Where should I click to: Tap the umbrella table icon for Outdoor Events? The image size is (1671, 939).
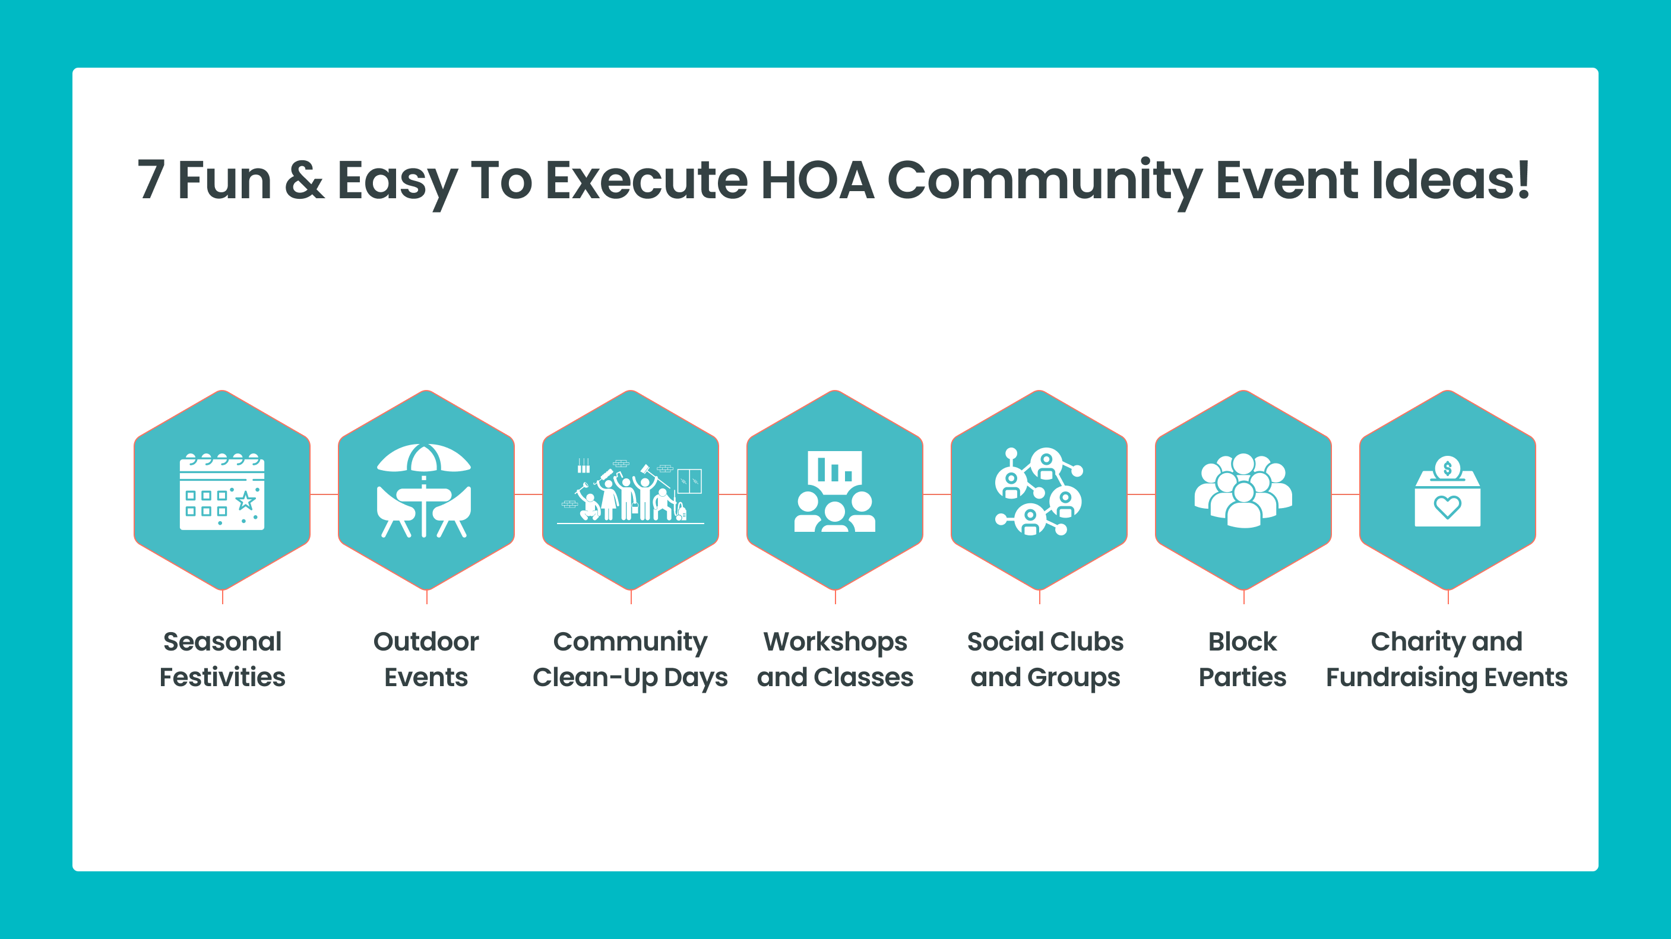(x=424, y=490)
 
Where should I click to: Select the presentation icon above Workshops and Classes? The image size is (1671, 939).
(x=835, y=491)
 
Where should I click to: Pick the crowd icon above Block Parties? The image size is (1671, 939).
(x=1243, y=490)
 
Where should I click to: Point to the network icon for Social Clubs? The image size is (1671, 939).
(x=1039, y=491)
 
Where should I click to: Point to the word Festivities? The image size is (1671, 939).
(x=223, y=677)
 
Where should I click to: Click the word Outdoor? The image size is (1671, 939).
(x=426, y=642)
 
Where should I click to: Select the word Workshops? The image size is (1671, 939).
(x=835, y=642)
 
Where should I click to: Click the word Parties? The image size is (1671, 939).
(x=1242, y=677)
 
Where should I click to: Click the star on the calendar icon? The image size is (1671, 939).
(x=245, y=500)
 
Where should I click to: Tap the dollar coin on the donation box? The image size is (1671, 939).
(x=1447, y=468)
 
